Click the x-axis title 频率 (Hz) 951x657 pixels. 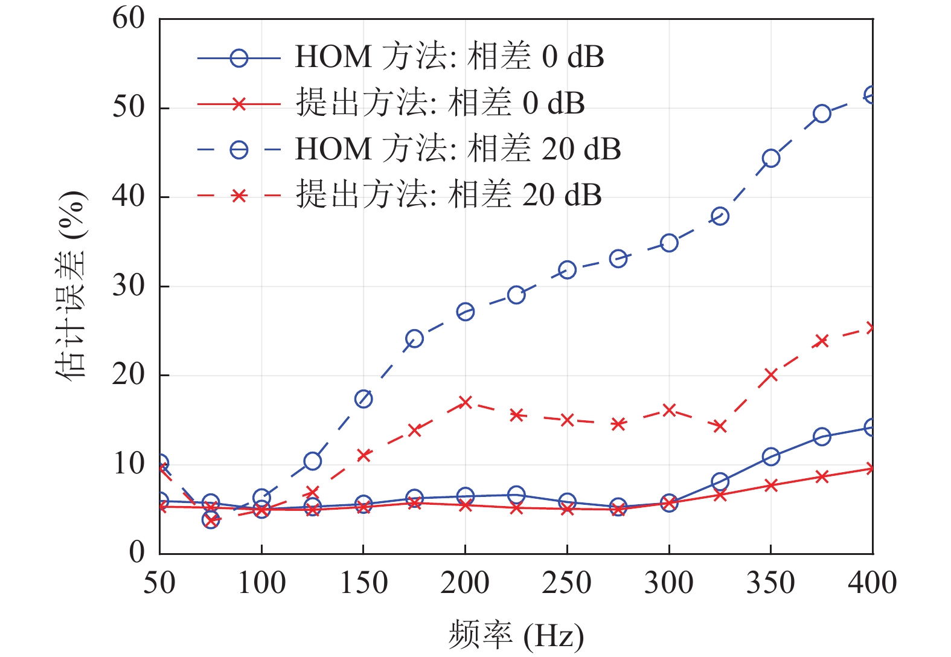tap(516, 636)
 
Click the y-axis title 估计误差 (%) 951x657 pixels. tap(71, 285)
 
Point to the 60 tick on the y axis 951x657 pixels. tap(129, 19)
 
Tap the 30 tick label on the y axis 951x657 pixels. tap(129, 286)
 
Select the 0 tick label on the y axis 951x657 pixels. tap(137, 553)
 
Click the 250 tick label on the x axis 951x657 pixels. tap(566, 583)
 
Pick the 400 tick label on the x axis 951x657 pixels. tap(872, 583)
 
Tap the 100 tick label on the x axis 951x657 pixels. tap(261, 583)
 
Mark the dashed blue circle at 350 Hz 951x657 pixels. tap(770, 158)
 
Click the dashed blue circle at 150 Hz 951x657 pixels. tap(363, 399)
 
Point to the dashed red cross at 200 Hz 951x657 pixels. tap(465, 402)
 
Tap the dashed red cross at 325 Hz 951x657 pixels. tap(720, 426)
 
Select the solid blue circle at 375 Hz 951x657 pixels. tap(822, 437)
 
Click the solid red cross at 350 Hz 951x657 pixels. tap(770, 486)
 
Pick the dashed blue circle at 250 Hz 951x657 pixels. tap(567, 270)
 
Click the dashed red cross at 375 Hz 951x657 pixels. tap(822, 341)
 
